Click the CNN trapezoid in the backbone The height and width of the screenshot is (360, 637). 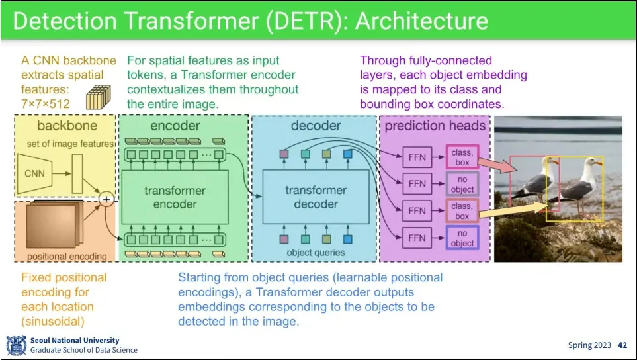pyautogui.click(x=34, y=173)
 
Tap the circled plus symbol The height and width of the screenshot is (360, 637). pyautogui.click(x=106, y=199)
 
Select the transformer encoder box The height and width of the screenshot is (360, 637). pyautogui.click(x=175, y=197)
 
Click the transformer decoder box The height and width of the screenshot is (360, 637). pyautogui.click(x=316, y=197)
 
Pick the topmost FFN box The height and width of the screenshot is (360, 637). pyautogui.click(x=417, y=157)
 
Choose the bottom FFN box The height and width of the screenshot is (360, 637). pyautogui.click(x=417, y=238)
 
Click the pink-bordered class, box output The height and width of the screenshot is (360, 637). pyautogui.click(x=462, y=157)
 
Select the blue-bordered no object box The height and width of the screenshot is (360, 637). pyautogui.click(x=462, y=238)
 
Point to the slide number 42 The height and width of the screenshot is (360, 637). pyautogui.click(x=622, y=345)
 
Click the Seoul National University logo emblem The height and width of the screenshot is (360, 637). pyautogui.click(x=17, y=345)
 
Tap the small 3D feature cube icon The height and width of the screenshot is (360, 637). pyautogui.click(x=99, y=97)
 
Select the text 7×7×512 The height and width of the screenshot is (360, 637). pyautogui.click(x=46, y=104)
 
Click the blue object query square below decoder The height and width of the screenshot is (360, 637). pyautogui.click(x=347, y=239)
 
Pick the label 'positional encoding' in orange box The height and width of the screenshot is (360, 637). pyautogui.click(x=67, y=256)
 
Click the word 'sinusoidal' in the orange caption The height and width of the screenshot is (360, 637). pyautogui.click(x=53, y=322)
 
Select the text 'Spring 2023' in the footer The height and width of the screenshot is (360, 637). pyautogui.click(x=589, y=345)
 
